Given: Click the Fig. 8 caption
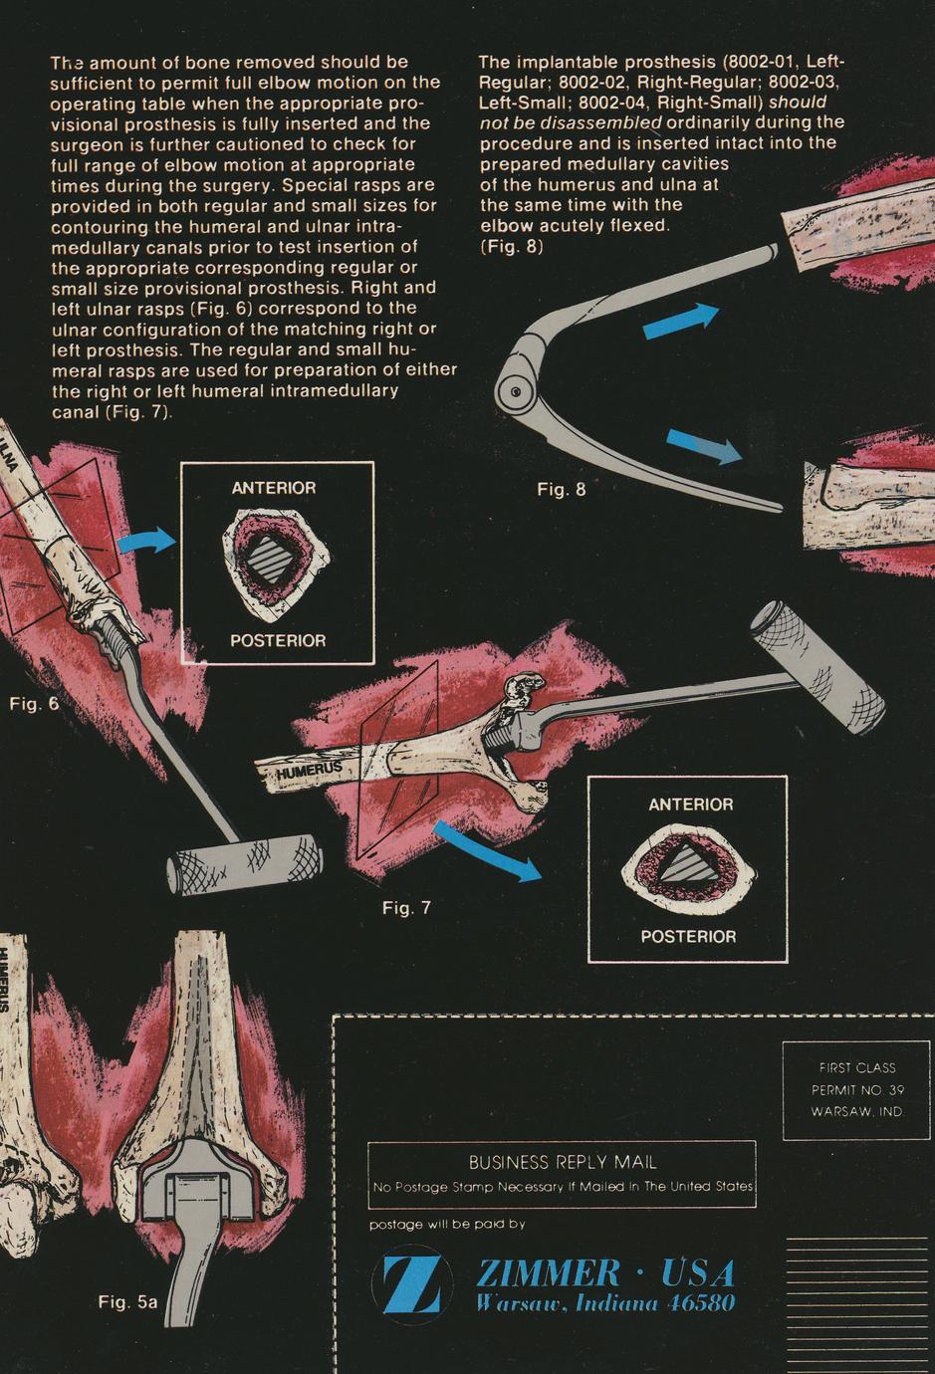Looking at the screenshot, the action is tap(562, 490).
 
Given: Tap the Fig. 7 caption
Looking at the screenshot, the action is tap(407, 908).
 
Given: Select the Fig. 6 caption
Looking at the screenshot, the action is tap(35, 704).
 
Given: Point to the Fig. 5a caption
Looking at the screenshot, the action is tap(128, 1301).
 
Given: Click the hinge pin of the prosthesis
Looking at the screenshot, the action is tap(516, 391).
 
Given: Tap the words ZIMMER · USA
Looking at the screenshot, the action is tap(605, 1273).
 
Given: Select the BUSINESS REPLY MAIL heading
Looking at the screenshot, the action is tap(563, 1162).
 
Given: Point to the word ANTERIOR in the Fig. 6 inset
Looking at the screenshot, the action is tap(274, 488).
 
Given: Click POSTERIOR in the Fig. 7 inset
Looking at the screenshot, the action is tap(688, 937).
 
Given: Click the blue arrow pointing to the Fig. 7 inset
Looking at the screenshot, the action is tap(487, 850).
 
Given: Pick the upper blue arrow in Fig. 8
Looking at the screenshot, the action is tap(681, 321).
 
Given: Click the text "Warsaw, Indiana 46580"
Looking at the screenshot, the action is tap(605, 1302).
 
